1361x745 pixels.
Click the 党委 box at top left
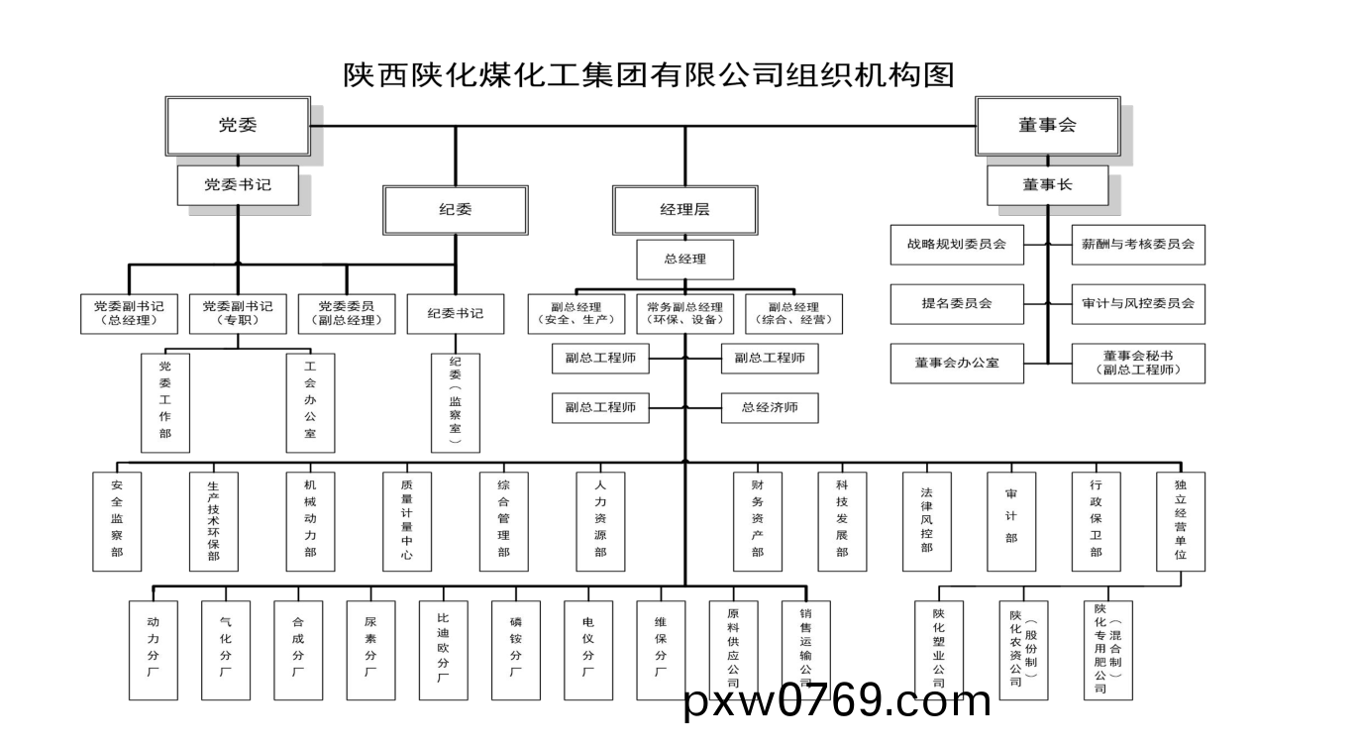point(237,125)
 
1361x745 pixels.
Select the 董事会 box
point(1047,125)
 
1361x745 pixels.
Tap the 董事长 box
point(1047,184)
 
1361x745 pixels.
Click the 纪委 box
point(456,209)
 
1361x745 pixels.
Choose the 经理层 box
point(684,209)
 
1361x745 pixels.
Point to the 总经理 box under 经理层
point(684,260)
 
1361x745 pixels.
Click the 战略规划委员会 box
point(956,244)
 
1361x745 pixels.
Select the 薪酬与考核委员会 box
point(1138,244)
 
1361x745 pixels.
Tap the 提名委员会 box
point(956,303)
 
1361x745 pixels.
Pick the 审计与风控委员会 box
point(1138,303)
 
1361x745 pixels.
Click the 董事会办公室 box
point(956,363)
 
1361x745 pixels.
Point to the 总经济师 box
point(770,406)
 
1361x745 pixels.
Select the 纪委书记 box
point(456,313)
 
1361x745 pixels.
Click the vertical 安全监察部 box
point(117,521)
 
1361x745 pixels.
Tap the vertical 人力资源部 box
point(600,521)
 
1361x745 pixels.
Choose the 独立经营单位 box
point(1181,521)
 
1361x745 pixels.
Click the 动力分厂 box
point(153,650)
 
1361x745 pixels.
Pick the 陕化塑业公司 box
point(938,650)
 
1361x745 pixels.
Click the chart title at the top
point(649,75)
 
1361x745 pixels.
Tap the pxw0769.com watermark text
point(838,702)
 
